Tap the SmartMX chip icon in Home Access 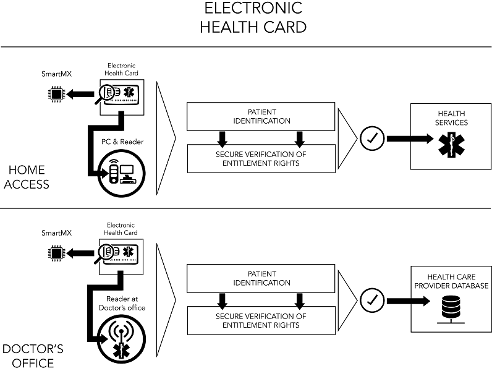(56, 95)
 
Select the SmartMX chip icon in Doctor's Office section (56, 252)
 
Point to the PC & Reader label (122, 142)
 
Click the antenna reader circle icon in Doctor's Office (121, 340)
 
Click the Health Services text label (451, 118)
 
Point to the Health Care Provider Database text (451, 281)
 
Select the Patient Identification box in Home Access (261, 116)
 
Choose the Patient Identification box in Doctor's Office (261, 278)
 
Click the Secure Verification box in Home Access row (261, 158)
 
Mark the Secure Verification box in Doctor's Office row (261, 321)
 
